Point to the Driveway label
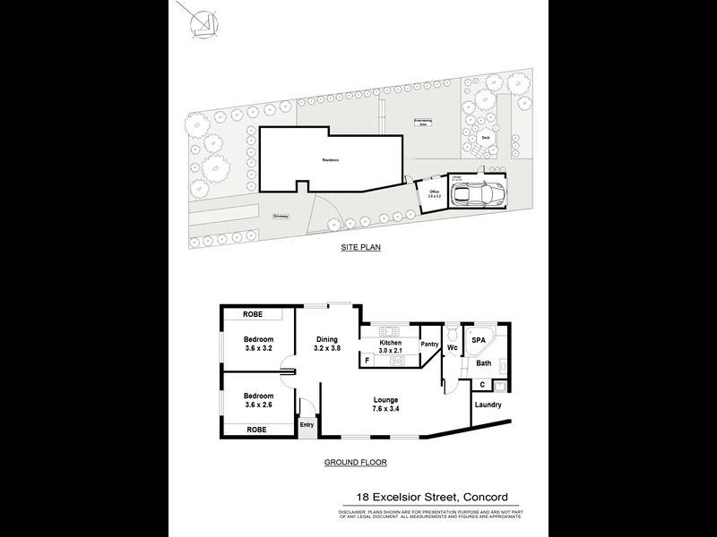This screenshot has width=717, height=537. (281, 215)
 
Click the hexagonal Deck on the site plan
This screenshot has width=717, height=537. (485, 138)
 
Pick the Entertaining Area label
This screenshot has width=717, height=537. (422, 123)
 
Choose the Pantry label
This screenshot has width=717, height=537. (429, 344)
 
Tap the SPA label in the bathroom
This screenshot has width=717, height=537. (479, 341)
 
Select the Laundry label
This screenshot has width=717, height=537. (488, 405)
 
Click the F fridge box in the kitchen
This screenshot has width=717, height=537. (367, 360)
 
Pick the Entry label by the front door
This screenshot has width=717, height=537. (307, 424)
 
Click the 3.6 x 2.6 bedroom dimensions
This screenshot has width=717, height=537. (258, 405)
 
